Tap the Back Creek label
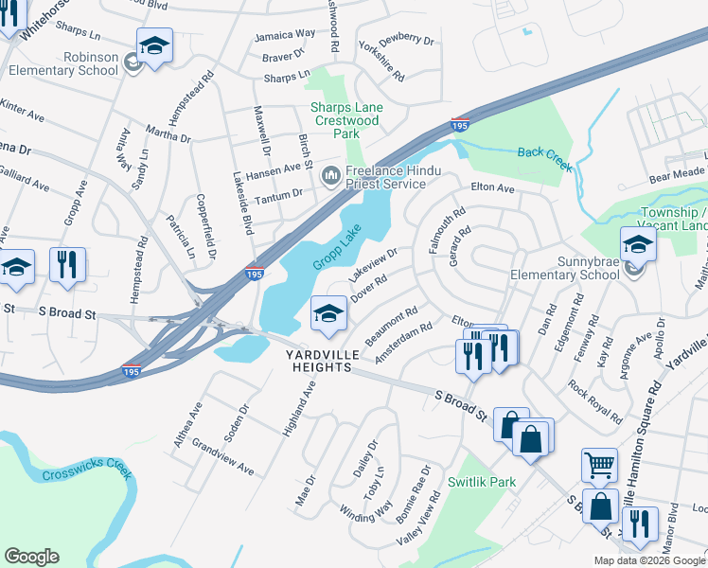[x=544, y=159]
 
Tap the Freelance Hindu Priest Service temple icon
[x=331, y=175]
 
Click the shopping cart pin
[x=599, y=465]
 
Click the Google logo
[x=31, y=557]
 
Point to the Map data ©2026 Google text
[x=649, y=559]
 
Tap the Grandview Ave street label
[x=222, y=456]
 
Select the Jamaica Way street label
[x=284, y=34]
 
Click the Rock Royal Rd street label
[x=594, y=401]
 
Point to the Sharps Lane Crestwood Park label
[x=347, y=120]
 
